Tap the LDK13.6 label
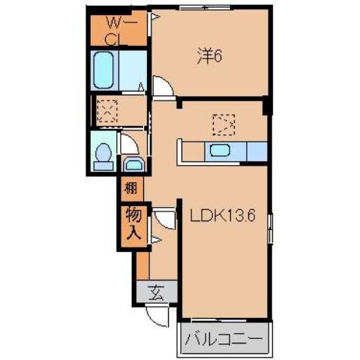coord(223,216)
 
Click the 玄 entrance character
coord(157,292)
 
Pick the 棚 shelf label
coord(130,187)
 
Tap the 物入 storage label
coord(132,223)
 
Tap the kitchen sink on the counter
coord(220,150)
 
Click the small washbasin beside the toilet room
coord(134,164)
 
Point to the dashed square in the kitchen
coord(223,121)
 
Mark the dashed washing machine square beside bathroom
coord(107,112)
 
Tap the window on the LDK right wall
coord(270,225)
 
